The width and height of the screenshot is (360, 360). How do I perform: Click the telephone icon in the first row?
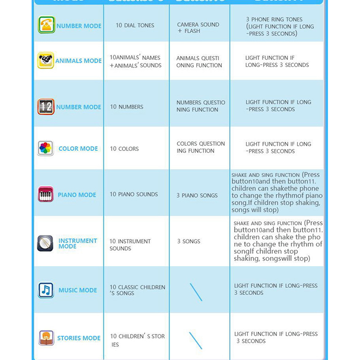[x=46, y=25]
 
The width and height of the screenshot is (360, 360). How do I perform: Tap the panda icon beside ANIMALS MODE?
[x=45, y=60]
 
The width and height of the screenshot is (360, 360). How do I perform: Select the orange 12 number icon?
[x=46, y=107]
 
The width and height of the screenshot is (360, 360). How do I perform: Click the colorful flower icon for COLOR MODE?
[x=45, y=148]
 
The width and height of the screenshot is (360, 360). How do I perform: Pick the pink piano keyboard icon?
[x=46, y=194]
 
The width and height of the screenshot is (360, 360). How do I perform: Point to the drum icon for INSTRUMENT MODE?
[x=45, y=243]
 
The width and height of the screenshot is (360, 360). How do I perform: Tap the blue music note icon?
[x=46, y=290]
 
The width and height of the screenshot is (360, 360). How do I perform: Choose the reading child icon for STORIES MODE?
[x=46, y=338]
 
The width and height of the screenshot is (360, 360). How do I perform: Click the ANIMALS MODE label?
[x=78, y=61]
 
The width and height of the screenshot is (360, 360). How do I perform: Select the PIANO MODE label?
[x=77, y=195]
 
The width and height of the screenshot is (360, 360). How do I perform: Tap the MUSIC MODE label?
[x=78, y=290]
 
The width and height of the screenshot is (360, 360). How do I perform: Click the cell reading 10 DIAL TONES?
[x=135, y=26]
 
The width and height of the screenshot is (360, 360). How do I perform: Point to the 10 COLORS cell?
[x=124, y=149]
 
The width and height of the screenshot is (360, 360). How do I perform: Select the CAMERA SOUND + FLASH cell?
[x=198, y=28]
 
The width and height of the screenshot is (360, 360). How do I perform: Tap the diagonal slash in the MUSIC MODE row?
[x=196, y=292]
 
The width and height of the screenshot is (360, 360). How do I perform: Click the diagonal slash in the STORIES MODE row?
[x=196, y=341]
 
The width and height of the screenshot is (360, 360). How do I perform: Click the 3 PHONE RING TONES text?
[x=274, y=20]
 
